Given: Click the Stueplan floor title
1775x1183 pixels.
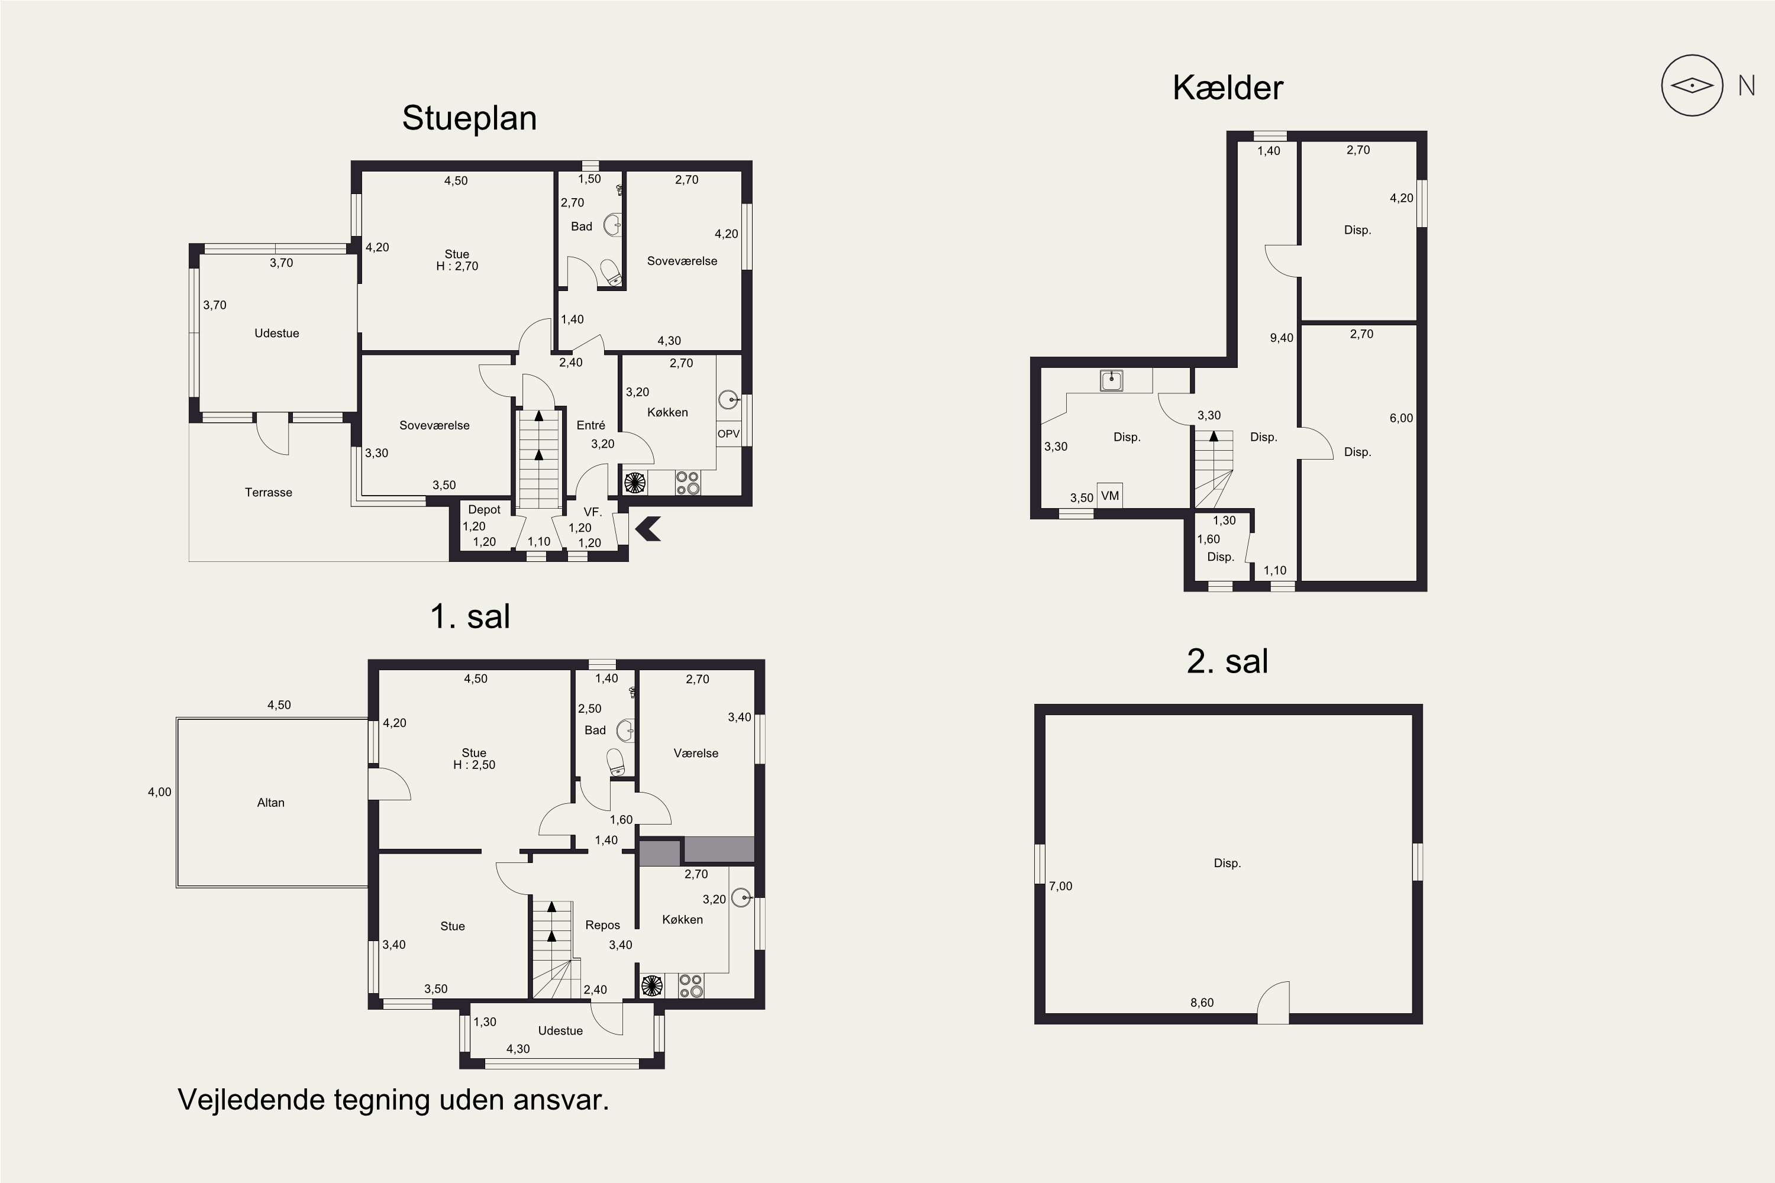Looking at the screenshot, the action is (469, 118).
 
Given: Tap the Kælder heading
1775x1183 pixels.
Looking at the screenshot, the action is (1227, 88).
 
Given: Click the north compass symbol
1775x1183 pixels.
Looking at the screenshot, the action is (1692, 85).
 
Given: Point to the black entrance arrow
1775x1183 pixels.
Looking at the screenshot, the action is (648, 529).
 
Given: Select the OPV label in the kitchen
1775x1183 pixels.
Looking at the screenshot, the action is (728, 434).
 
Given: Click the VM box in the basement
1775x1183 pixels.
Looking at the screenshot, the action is (1109, 496).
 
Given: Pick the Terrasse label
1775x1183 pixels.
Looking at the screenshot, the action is (268, 493).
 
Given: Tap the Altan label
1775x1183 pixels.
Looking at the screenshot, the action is (271, 803).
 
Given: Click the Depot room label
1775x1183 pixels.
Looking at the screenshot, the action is (485, 510).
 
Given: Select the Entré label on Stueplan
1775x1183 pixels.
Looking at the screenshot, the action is (591, 425).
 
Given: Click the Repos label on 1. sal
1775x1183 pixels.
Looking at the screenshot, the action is (602, 925).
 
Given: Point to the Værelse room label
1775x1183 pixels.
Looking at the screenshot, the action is (696, 753).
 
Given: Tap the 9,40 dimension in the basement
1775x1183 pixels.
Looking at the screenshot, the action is (1282, 338).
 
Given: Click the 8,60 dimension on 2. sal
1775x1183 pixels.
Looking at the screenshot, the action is (1202, 1003).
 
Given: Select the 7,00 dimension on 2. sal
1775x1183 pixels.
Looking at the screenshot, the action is (1060, 887).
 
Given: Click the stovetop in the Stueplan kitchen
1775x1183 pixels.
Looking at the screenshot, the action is (688, 483).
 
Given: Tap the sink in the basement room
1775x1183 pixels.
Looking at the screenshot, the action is (1111, 380).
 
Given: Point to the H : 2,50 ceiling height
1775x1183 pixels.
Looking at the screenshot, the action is (474, 765).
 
